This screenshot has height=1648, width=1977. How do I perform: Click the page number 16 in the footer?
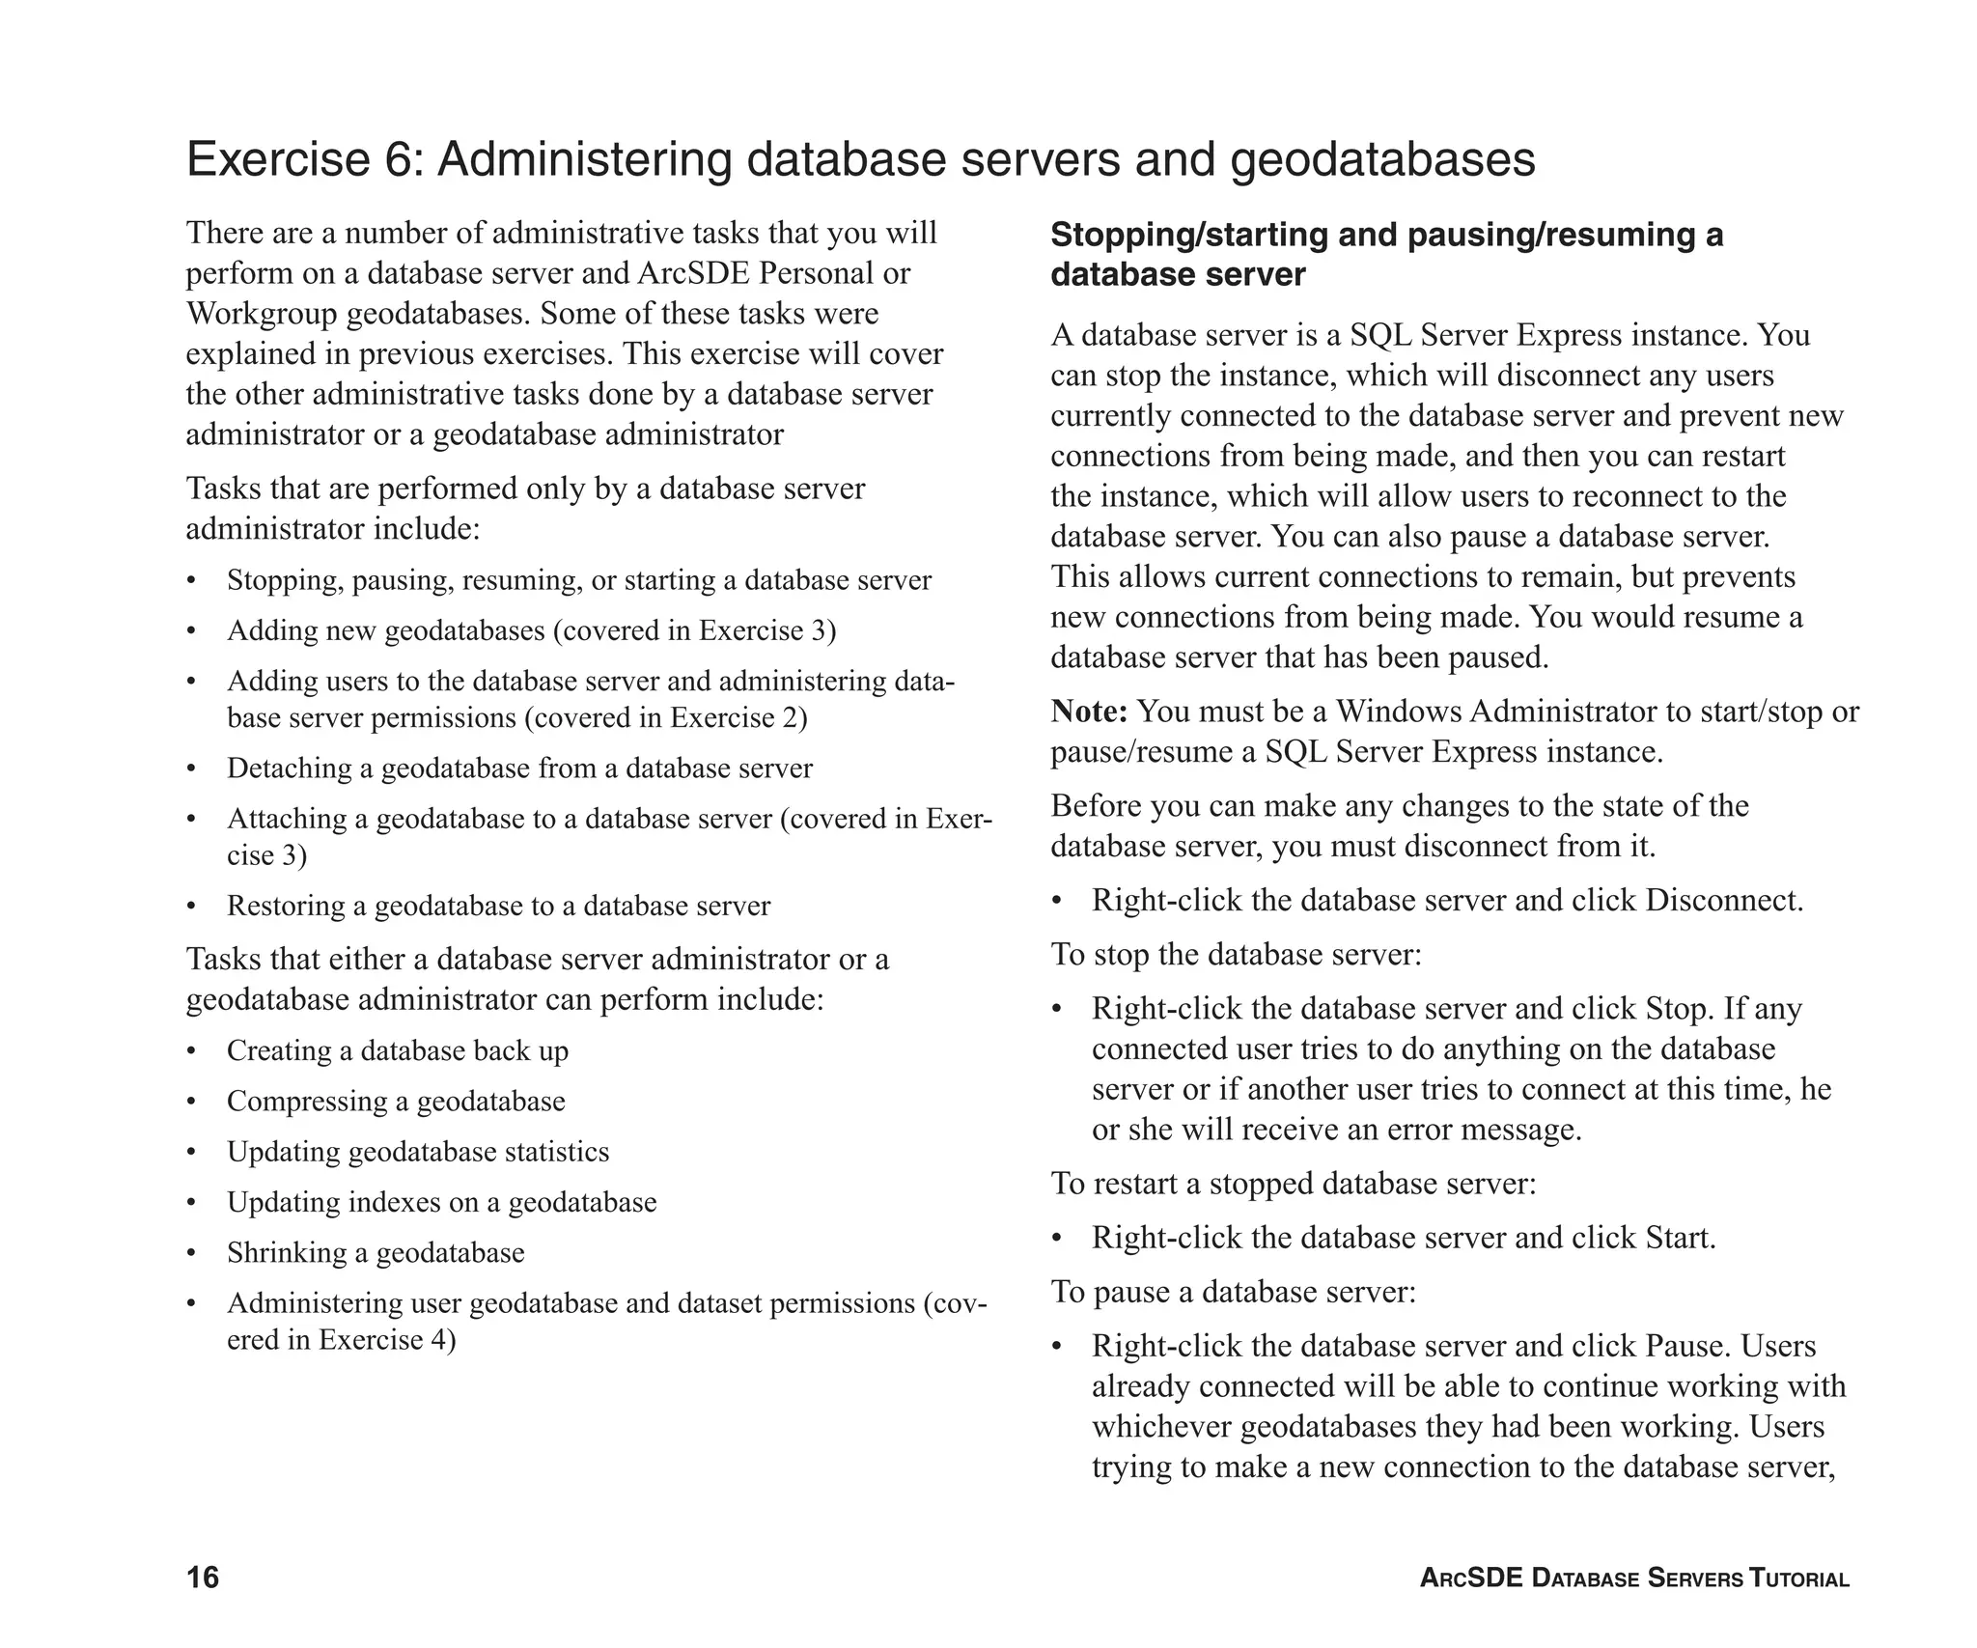pyautogui.click(x=203, y=1577)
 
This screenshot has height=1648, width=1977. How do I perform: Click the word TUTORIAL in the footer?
pyautogui.click(x=1799, y=1578)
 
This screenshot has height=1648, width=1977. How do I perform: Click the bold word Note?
pyautogui.click(x=1089, y=712)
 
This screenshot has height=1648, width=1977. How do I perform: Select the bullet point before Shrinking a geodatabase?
pyautogui.click(x=191, y=1254)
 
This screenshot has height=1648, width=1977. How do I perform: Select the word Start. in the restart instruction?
pyautogui.click(x=1681, y=1238)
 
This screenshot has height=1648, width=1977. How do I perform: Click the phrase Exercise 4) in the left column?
pyautogui.click(x=387, y=1340)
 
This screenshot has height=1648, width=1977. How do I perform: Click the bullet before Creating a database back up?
pyautogui.click(x=191, y=1051)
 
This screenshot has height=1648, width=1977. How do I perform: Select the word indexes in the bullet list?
pyautogui.click(x=394, y=1202)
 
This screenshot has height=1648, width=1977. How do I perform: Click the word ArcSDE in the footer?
pyautogui.click(x=1471, y=1578)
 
